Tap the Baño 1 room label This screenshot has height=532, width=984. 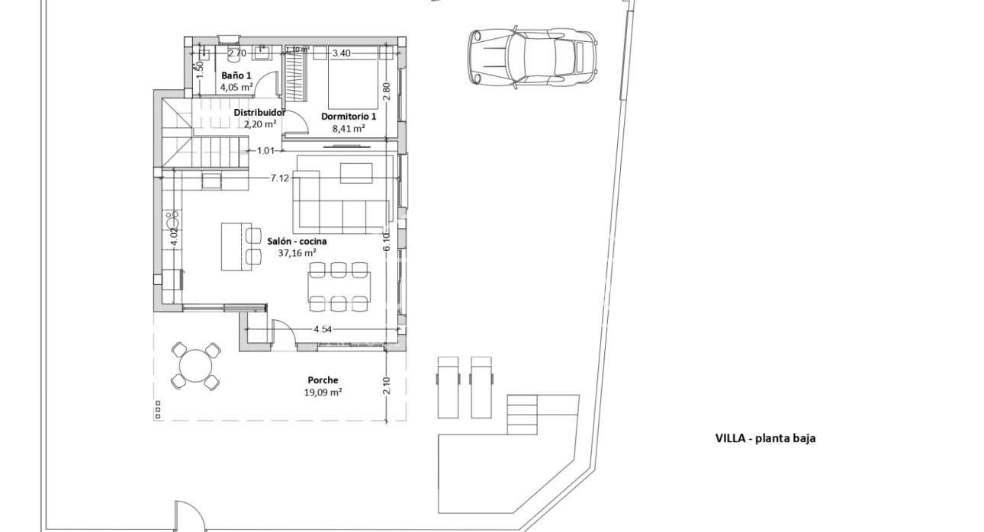click(236, 76)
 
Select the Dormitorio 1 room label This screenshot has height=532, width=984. click(349, 117)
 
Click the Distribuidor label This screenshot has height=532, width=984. click(259, 112)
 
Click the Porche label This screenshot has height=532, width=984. click(323, 380)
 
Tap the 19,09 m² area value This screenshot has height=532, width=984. click(323, 393)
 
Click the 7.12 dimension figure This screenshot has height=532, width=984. click(280, 178)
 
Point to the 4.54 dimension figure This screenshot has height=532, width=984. click(323, 329)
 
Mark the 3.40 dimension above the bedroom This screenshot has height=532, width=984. click(341, 53)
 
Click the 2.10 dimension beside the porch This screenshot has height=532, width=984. click(386, 386)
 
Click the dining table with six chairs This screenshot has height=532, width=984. click(339, 287)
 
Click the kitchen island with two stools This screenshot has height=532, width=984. click(234, 246)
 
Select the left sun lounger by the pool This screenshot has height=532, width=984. click(447, 386)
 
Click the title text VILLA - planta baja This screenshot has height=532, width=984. click(765, 438)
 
